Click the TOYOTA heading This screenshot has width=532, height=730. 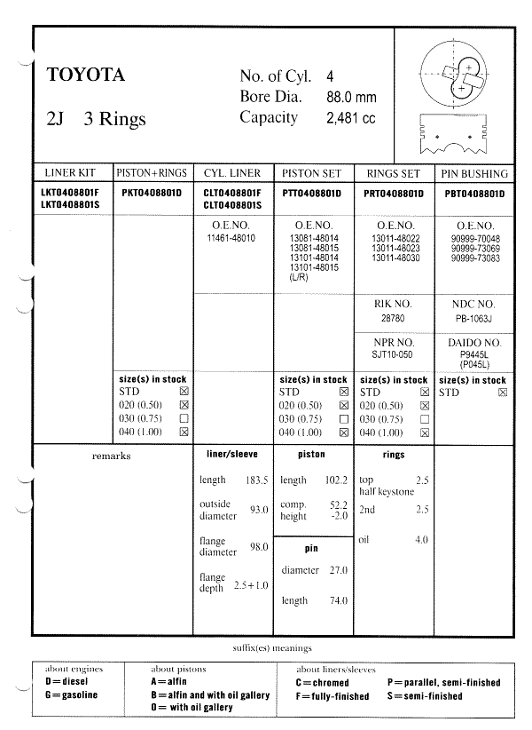coord(86,75)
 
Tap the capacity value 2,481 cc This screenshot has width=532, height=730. coord(351,118)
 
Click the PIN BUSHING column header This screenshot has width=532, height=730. coord(474,173)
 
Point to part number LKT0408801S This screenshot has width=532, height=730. coord(71,204)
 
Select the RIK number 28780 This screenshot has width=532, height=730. coord(393,316)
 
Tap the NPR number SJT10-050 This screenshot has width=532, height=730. coord(393,353)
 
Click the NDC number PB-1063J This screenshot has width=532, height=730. coord(473,316)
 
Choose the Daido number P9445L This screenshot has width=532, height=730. coord(473,353)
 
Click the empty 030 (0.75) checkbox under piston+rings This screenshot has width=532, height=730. coord(184,418)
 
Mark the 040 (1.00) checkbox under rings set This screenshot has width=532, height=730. coord(424,432)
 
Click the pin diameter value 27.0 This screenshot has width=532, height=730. coord(337,570)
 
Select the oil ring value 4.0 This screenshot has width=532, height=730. coord(421,539)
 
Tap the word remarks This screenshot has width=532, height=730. coord(111,456)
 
